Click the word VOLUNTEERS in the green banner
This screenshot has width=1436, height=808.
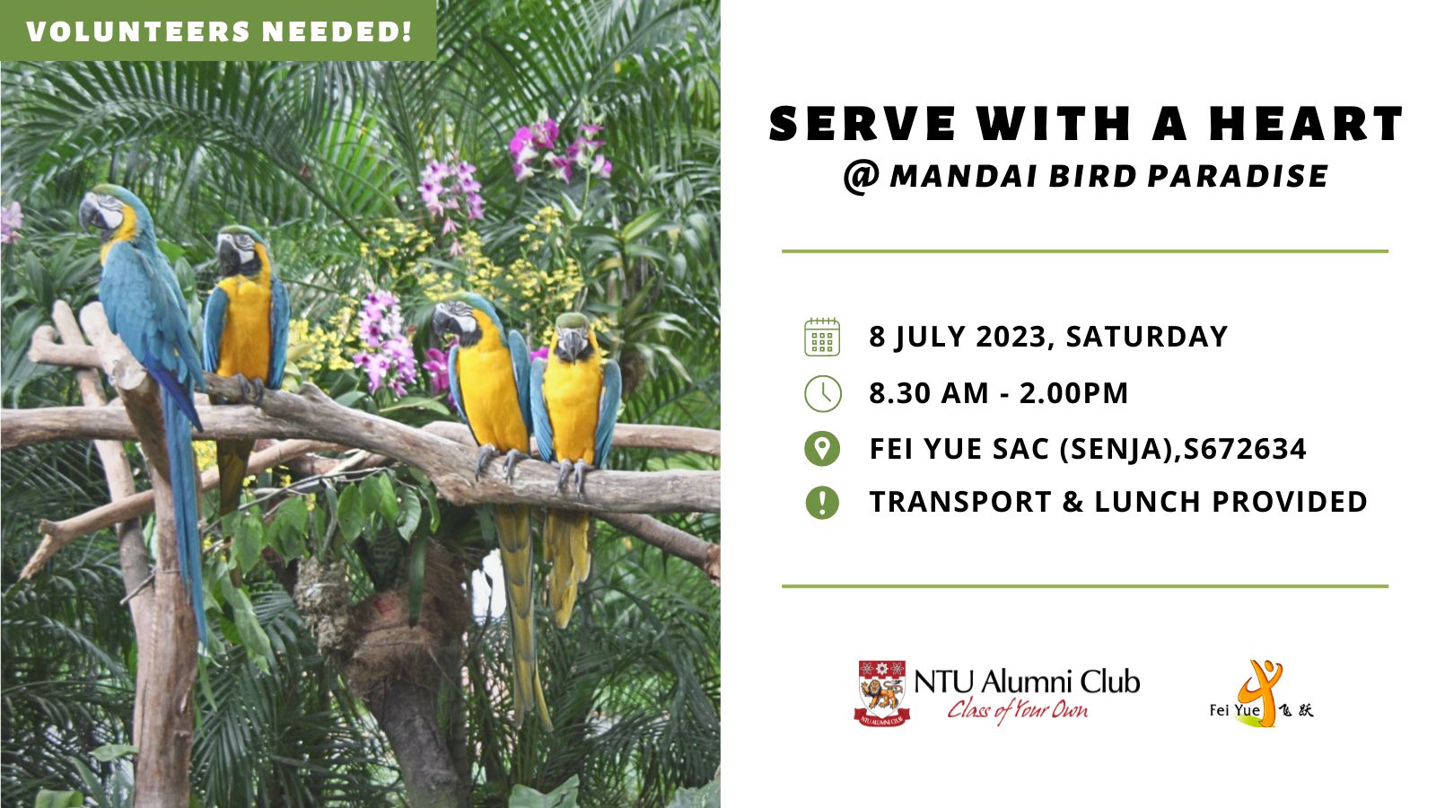pos(139,32)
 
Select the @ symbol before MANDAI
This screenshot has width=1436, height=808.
pos(862,177)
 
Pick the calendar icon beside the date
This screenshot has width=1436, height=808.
pos(822,337)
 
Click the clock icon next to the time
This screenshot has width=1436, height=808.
pos(822,393)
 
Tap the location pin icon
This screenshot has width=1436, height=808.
pos(822,448)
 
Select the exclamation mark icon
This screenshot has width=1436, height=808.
pos(822,502)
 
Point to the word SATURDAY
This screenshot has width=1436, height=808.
pos(1147,337)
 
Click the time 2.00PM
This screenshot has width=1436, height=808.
pos(1073,393)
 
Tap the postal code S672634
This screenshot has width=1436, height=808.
pos(1245,448)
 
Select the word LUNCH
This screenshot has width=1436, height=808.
pos(1148,502)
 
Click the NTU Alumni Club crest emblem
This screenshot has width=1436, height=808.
pos(882,693)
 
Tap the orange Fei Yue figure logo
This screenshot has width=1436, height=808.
pos(1260,691)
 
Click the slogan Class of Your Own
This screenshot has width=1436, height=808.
pos(1018,710)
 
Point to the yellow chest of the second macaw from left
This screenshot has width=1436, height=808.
pos(244,327)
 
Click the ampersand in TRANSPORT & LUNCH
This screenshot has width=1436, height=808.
pos(1073,502)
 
